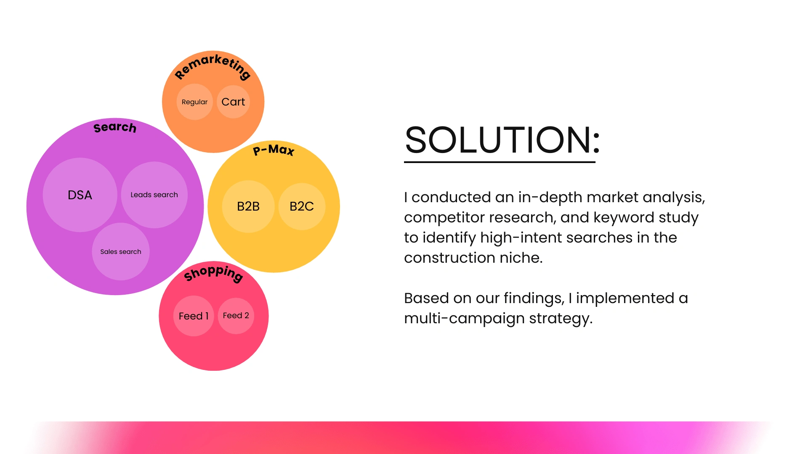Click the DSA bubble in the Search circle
pyautogui.click(x=80, y=195)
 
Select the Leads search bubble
pyautogui.click(x=154, y=195)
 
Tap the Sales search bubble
pyautogui.click(x=121, y=251)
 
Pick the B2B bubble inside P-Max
pyautogui.click(x=248, y=206)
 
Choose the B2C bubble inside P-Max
pyautogui.click(x=302, y=206)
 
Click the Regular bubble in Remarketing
pyautogui.click(x=194, y=102)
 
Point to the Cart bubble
pyautogui.click(x=233, y=102)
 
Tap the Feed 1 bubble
pyautogui.click(x=194, y=316)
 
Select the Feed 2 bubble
pyautogui.click(x=236, y=316)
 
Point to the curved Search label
pyautogui.click(x=115, y=127)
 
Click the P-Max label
pyautogui.click(x=274, y=150)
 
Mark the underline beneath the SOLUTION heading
pyautogui.click(x=500, y=162)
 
